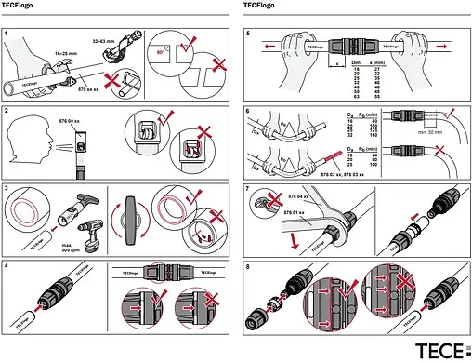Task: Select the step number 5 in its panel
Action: pos(248,33)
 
